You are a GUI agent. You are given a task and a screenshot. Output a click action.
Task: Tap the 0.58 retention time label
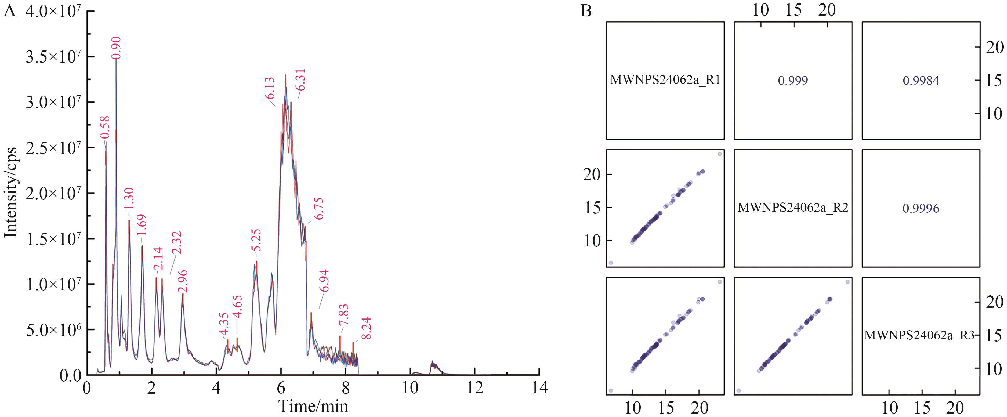(x=105, y=127)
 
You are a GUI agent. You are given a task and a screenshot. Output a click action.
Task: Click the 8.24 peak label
(x=366, y=328)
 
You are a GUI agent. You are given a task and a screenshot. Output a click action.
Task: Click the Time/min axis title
(x=313, y=407)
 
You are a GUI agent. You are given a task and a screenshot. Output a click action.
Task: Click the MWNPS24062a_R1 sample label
(x=665, y=80)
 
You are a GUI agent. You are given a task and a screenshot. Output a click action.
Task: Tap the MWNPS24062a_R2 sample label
(x=793, y=208)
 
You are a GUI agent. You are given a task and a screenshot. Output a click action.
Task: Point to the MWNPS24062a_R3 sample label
(x=919, y=335)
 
